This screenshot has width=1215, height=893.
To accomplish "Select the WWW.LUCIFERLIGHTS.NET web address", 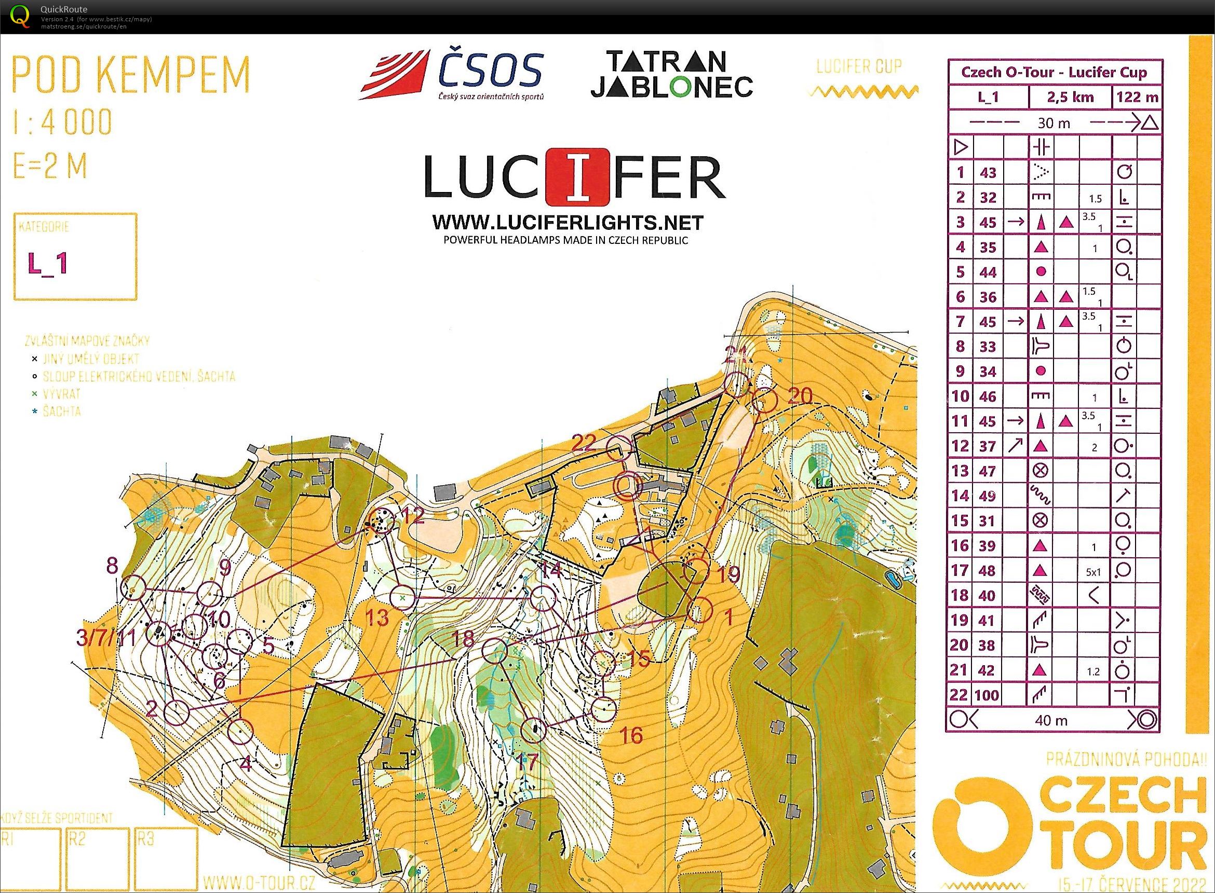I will point(568,222).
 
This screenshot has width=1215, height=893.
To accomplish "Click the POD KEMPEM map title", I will point(131,75).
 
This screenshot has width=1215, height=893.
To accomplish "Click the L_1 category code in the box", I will point(48,263).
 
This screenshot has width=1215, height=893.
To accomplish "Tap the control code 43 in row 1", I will point(988,172).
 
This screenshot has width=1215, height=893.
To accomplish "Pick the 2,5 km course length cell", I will point(1070,98).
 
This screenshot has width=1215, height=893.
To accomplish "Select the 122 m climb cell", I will point(1137,98).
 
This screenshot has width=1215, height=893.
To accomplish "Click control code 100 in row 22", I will point(987,695).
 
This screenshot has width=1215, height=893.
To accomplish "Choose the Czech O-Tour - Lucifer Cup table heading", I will point(1054,73).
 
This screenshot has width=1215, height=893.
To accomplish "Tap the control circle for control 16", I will point(604,709).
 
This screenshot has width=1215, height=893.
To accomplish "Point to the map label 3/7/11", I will point(106,638).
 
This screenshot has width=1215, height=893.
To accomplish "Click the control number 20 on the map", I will point(800,396).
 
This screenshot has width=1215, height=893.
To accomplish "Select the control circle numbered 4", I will point(240,732).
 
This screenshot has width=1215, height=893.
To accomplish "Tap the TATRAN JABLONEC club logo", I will point(671,74).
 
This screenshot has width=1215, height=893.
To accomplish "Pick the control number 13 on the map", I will point(377,618).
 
